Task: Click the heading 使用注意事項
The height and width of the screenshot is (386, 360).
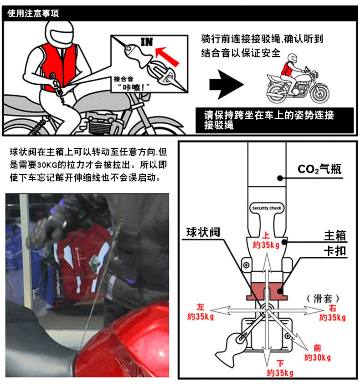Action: [x=33, y=13]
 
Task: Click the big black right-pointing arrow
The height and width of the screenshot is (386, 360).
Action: [x=226, y=85]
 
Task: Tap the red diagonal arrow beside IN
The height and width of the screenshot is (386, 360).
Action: [x=167, y=56]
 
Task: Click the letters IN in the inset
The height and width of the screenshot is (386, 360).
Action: [x=147, y=42]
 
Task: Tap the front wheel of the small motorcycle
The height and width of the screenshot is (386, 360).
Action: [x=320, y=93]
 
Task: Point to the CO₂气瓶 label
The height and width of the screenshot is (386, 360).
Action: [x=319, y=169]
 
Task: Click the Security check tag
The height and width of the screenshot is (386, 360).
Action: [x=267, y=208]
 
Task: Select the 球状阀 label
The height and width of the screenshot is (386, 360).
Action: [x=203, y=232]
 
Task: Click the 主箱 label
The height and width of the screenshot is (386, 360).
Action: [x=335, y=236]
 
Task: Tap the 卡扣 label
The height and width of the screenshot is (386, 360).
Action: [x=335, y=251]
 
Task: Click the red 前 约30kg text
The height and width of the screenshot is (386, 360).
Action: [x=318, y=353]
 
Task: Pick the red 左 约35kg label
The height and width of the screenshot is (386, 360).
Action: [x=201, y=312]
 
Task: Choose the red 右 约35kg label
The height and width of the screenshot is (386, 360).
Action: [x=332, y=313]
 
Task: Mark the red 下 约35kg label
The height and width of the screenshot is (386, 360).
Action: [x=280, y=368]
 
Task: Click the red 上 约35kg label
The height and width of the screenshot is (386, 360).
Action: [x=266, y=240]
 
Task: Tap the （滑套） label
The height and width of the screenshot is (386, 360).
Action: [x=323, y=298]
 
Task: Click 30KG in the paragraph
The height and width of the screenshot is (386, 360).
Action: [x=47, y=165]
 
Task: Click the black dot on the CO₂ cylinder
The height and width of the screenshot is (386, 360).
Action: [x=280, y=178]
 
